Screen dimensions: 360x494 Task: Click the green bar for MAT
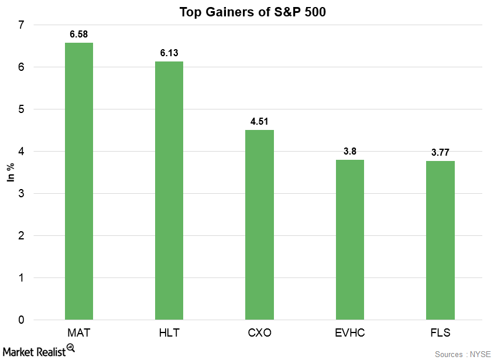(78, 181)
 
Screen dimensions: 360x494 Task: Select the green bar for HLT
(169, 191)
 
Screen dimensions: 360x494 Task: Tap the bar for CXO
(259, 225)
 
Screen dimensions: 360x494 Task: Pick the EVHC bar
(349, 240)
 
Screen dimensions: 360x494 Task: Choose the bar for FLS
(440, 241)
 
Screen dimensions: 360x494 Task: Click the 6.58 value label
(78, 35)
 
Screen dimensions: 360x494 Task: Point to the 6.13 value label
(169, 53)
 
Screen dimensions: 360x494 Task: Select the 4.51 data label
(259, 122)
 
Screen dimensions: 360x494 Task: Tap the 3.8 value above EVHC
(349, 152)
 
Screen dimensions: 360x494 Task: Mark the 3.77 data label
(440, 153)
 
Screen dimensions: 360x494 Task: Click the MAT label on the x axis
(78, 332)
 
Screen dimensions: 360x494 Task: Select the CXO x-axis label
(259, 332)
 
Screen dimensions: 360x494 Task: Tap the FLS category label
(440, 332)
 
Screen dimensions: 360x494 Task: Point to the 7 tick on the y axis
(21, 25)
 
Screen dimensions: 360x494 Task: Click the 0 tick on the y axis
(21, 320)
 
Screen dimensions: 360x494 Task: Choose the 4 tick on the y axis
(21, 152)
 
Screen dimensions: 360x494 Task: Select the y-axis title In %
(10, 173)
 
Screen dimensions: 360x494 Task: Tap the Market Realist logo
(39, 349)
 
